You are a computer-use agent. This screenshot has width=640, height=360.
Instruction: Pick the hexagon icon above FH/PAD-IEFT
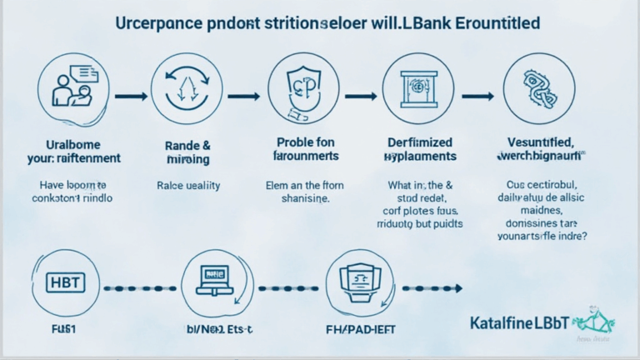[x=359, y=284]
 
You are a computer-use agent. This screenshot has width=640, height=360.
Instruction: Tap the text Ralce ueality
[x=188, y=187]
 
